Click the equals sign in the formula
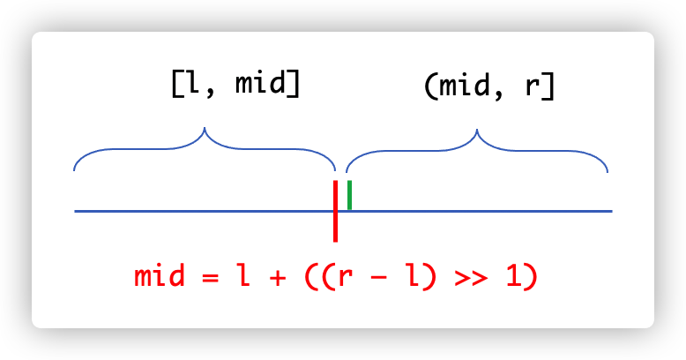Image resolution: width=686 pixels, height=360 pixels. (x=208, y=277)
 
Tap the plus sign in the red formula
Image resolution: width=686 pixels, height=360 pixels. (x=277, y=277)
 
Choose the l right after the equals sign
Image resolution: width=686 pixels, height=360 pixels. (x=242, y=276)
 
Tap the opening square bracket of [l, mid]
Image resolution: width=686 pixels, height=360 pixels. (x=175, y=86)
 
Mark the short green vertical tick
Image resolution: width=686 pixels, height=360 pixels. (x=349, y=194)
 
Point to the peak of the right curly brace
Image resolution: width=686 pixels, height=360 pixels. (x=477, y=132)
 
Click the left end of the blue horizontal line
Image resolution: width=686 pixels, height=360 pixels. (x=77, y=212)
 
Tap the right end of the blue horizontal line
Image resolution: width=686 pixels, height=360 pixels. (x=609, y=212)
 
